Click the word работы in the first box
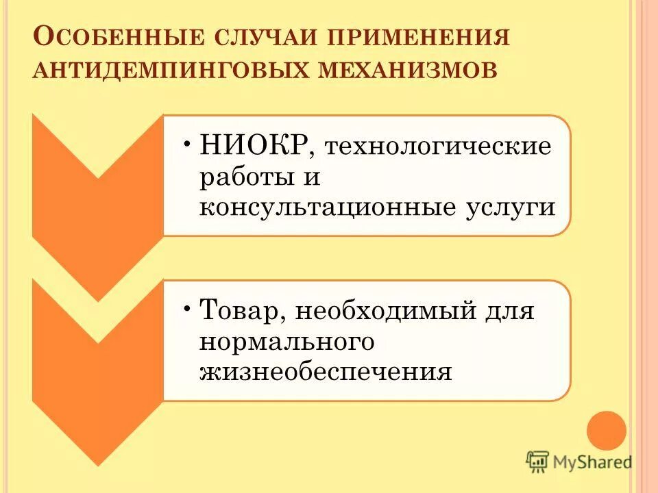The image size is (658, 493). [x=241, y=177]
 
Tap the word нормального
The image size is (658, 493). [x=287, y=342]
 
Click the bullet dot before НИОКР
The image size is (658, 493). [x=187, y=141]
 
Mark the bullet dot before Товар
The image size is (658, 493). [x=187, y=306]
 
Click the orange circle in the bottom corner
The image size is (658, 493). [x=607, y=430]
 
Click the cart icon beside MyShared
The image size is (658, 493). [x=538, y=462]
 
